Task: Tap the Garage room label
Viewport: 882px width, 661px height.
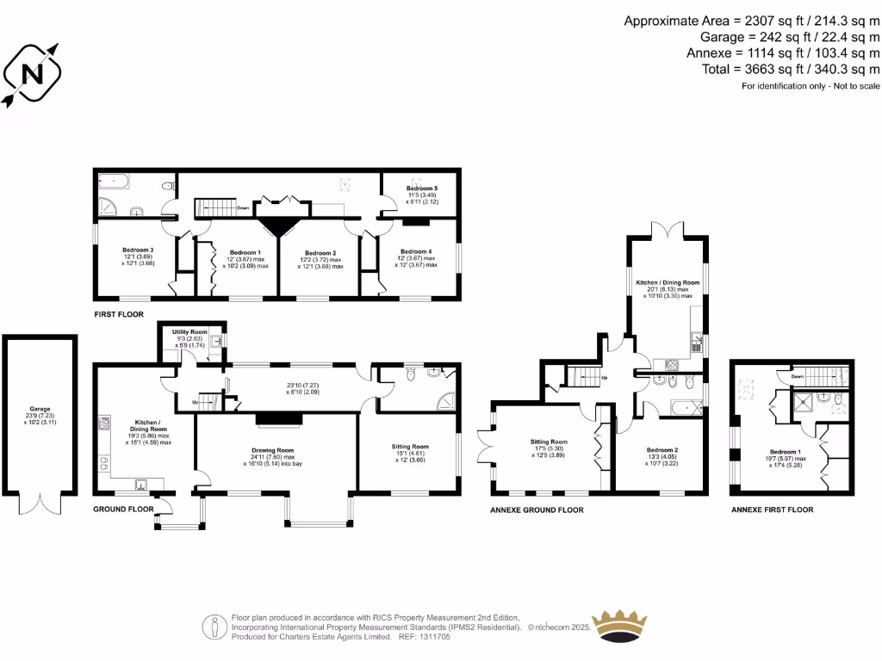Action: click(x=40, y=410)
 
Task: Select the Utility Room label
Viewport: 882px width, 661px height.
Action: click(x=189, y=331)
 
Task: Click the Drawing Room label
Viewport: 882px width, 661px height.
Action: click(x=273, y=450)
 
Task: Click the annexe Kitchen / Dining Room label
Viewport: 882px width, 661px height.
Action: click(x=668, y=282)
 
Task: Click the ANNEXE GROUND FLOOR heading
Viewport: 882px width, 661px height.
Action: click(x=537, y=510)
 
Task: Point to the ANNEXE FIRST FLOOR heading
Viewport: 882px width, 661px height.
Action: click(x=772, y=510)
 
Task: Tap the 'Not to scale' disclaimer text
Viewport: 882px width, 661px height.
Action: click(x=811, y=86)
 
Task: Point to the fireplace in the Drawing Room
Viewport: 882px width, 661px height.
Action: click(x=276, y=418)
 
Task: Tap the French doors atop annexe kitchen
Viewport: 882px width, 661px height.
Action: click(x=668, y=228)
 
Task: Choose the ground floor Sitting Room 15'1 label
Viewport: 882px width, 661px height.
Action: click(x=410, y=447)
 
